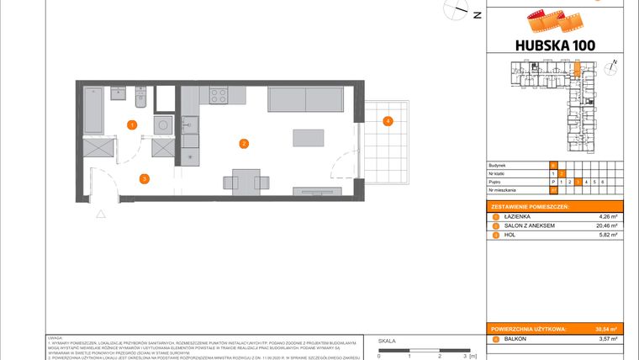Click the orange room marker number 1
point(132,124)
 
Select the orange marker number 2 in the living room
point(244,144)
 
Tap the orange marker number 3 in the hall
point(145,177)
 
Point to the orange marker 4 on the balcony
point(388,121)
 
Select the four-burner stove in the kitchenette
point(219,95)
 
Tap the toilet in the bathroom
point(141,101)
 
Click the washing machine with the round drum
point(162,124)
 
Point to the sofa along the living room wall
point(306,99)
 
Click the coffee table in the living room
point(306,137)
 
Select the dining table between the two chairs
point(246,180)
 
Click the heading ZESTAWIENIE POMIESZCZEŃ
point(530,206)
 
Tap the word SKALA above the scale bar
point(388,341)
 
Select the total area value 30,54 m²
point(607,329)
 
